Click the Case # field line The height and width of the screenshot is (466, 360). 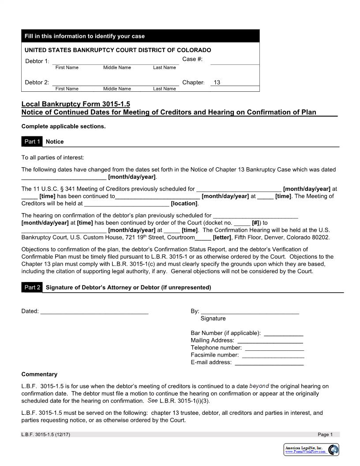[x=235, y=62]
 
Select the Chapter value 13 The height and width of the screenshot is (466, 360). [x=217, y=83]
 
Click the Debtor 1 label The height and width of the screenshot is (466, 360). [x=37, y=61]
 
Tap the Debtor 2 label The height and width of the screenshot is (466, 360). [x=37, y=83]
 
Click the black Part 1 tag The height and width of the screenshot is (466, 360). [x=32, y=142]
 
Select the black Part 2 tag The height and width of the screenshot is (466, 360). [x=32, y=287]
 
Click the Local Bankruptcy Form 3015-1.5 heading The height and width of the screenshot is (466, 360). [x=76, y=104]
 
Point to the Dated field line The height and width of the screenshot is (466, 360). [x=94, y=312]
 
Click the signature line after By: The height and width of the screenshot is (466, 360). [x=250, y=312]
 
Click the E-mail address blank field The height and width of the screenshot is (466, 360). [x=269, y=363]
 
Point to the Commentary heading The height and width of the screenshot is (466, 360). [x=39, y=374]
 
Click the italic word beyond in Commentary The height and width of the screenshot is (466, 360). [x=259, y=386]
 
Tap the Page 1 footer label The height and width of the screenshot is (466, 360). [x=325, y=435]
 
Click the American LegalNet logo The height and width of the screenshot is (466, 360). [x=311, y=450]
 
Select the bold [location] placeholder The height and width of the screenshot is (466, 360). [x=184, y=204]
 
